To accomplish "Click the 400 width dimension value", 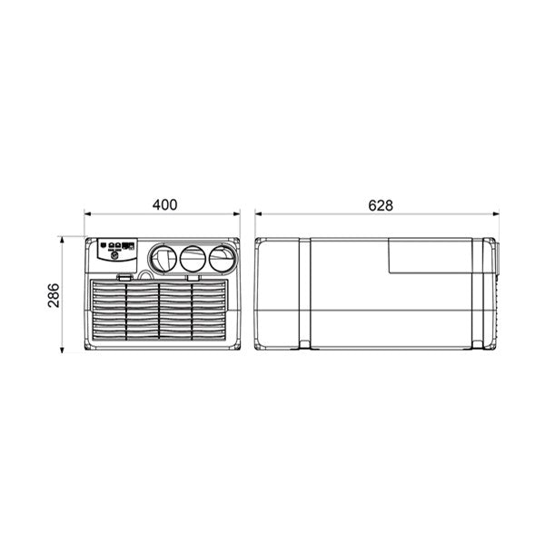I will click(x=163, y=204).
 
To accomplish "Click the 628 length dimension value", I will click(x=381, y=204).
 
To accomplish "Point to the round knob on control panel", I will click(x=115, y=257).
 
